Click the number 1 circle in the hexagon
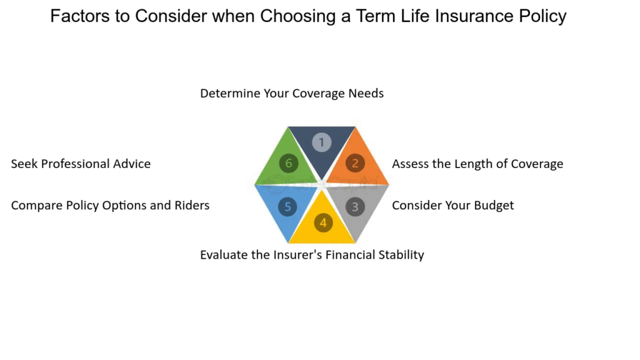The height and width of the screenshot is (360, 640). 322,142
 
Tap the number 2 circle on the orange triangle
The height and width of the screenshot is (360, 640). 355,163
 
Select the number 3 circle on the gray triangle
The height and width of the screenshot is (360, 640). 355,206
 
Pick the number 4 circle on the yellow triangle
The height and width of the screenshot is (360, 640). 323,223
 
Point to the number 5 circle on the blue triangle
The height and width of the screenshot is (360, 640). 287,206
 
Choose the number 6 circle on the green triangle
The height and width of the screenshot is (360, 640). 289,163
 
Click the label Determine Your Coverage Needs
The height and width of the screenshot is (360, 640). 292,94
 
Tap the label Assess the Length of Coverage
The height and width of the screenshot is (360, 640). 477,164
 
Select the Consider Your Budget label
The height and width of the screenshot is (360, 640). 453,205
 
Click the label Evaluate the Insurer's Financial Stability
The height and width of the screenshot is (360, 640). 312,255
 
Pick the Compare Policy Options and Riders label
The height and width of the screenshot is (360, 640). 110,205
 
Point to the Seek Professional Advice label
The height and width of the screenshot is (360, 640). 81,164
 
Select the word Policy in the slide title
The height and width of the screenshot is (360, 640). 543,17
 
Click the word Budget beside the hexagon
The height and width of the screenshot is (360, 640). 494,205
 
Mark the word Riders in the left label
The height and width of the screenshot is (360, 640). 192,205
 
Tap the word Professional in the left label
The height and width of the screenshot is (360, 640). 76,164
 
